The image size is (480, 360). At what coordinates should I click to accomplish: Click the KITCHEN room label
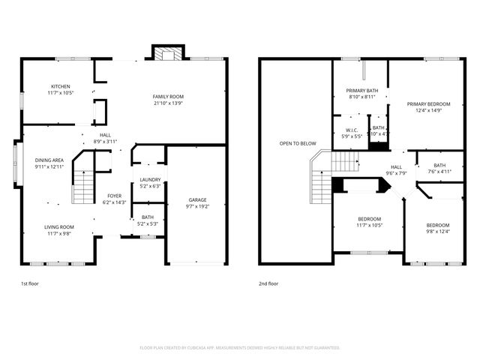click(61, 86)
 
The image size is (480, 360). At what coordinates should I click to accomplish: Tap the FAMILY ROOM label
click(168, 97)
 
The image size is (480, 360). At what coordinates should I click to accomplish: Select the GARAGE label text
click(198, 199)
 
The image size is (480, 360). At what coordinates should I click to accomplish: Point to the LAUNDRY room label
click(150, 179)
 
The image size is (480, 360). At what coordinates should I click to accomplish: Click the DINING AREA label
click(49, 160)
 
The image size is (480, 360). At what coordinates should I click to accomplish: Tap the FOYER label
click(114, 196)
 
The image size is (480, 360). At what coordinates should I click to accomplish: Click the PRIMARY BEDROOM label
click(428, 103)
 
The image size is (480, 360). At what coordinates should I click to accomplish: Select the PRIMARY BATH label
click(361, 91)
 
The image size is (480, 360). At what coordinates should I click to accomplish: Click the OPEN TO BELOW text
click(298, 143)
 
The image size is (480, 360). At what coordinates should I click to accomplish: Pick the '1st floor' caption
click(30, 284)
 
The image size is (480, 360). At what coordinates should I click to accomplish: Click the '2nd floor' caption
click(268, 284)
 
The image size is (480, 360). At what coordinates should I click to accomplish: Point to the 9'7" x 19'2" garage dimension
click(198, 206)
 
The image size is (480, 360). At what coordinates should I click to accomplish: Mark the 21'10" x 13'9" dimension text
click(168, 103)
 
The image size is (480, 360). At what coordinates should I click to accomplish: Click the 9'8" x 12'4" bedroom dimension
click(438, 231)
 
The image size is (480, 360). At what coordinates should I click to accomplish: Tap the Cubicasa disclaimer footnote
click(240, 347)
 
